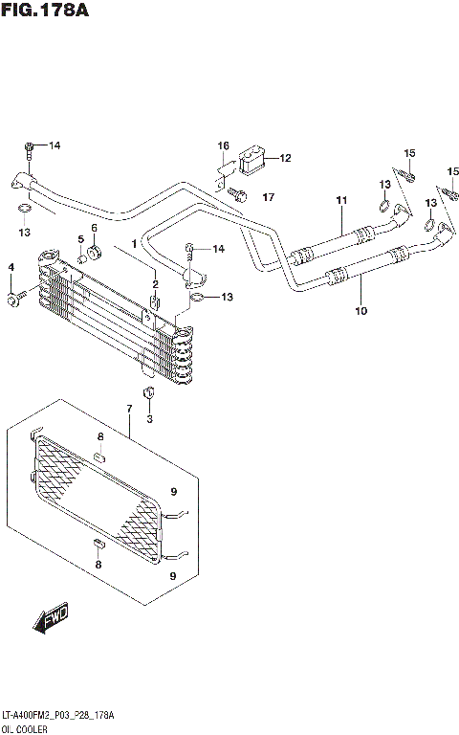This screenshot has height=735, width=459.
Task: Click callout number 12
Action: (x=285, y=158)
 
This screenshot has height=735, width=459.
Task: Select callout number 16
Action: (x=223, y=145)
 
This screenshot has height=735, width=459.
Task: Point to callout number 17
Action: (x=269, y=197)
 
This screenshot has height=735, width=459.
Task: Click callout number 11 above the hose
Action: (x=339, y=200)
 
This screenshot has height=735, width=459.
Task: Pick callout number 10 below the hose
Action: (x=361, y=311)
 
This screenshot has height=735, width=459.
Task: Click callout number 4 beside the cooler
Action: (x=11, y=266)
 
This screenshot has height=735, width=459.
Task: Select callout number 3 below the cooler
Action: (x=149, y=419)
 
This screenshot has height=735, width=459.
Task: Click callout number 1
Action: (x=135, y=244)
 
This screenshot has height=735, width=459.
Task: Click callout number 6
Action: (x=95, y=228)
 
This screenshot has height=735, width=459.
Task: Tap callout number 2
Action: (x=154, y=283)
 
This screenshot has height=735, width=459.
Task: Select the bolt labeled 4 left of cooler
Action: (x=12, y=301)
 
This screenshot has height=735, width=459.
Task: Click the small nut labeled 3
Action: (x=148, y=394)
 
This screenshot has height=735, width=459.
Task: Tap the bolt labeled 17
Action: (x=239, y=196)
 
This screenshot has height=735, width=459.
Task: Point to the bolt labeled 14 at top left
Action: (x=29, y=148)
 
